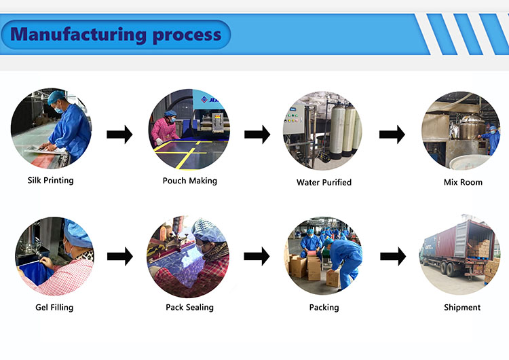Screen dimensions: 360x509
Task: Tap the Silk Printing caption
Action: pyautogui.click(x=50, y=181)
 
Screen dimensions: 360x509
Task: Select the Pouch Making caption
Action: pyautogui.click(x=190, y=181)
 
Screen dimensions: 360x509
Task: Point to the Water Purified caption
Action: pyautogui.click(x=324, y=182)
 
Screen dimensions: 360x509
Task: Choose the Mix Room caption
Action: pyautogui.click(x=462, y=182)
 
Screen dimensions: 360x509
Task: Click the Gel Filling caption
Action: pyautogui.click(x=54, y=307)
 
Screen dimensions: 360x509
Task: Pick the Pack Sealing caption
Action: pyautogui.click(x=189, y=307)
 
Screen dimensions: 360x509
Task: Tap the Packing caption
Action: pyautogui.click(x=324, y=307)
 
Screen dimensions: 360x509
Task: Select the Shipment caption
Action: pyautogui.click(x=462, y=307)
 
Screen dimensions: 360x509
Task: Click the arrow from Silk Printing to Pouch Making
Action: pyautogui.click(x=119, y=134)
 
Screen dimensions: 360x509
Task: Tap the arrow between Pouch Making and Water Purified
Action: pyautogui.click(x=257, y=134)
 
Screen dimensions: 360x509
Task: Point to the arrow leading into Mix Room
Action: pyautogui.click(x=392, y=134)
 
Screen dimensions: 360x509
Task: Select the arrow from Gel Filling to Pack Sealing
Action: pyautogui.click(x=119, y=257)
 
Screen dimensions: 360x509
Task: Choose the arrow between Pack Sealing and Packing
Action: pyautogui.click(x=257, y=257)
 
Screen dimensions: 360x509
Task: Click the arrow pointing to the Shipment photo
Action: pyautogui.click(x=392, y=257)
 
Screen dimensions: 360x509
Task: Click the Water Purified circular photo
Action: pyautogui.click(x=323, y=130)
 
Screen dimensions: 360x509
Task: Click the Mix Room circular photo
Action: pyautogui.click(x=461, y=130)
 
